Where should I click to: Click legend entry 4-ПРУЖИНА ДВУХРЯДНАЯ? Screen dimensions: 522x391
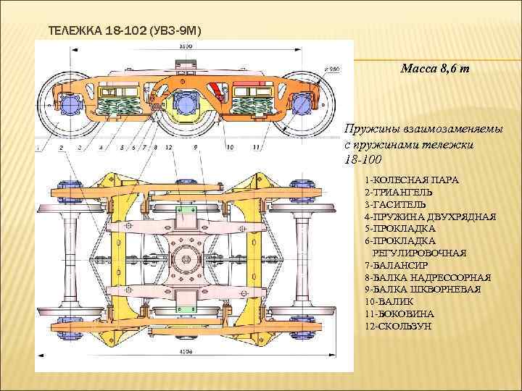(x=431, y=216)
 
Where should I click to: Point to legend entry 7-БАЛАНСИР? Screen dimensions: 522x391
(x=397, y=265)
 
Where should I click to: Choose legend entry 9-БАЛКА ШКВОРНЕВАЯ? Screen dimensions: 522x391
(x=428, y=290)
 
